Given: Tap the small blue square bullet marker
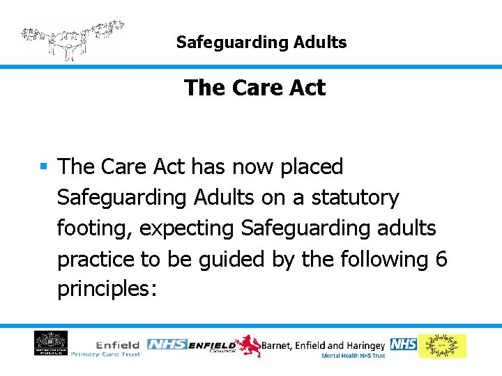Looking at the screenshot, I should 43,167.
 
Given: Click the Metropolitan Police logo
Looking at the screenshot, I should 51,344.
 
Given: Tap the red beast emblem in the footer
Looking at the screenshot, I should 246,345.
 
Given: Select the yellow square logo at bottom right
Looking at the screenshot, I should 442,346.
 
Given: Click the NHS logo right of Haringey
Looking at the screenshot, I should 403,345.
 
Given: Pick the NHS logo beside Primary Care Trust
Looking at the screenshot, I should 167,345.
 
